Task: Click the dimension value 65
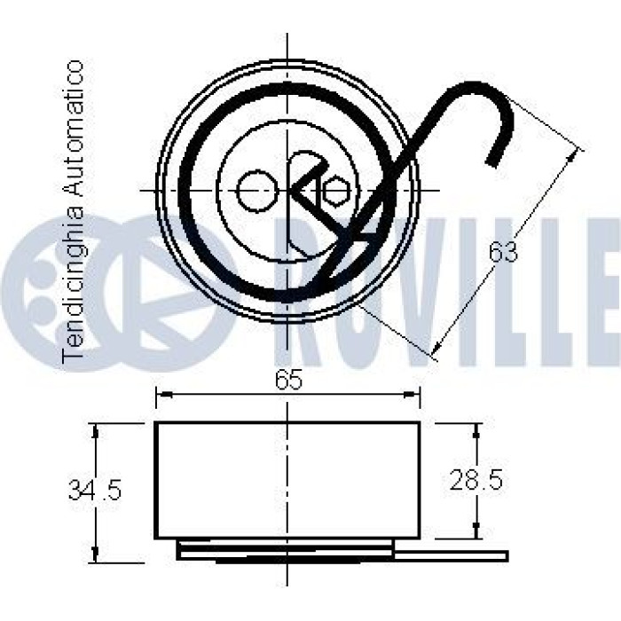click(x=288, y=380)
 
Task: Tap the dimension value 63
click(x=503, y=251)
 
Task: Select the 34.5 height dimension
click(x=94, y=490)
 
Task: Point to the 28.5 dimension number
click(x=476, y=480)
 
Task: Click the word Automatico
click(x=74, y=129)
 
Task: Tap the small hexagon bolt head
click(x=336, y=190)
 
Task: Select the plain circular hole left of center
click(x=256, y=191)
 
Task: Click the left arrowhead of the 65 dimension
click(x=164, y=394)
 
